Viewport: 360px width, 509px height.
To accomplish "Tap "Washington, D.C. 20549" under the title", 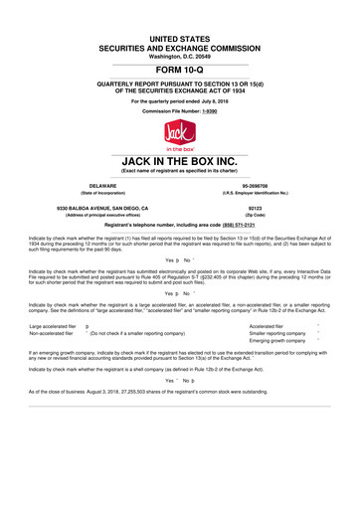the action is pos(179,37).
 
